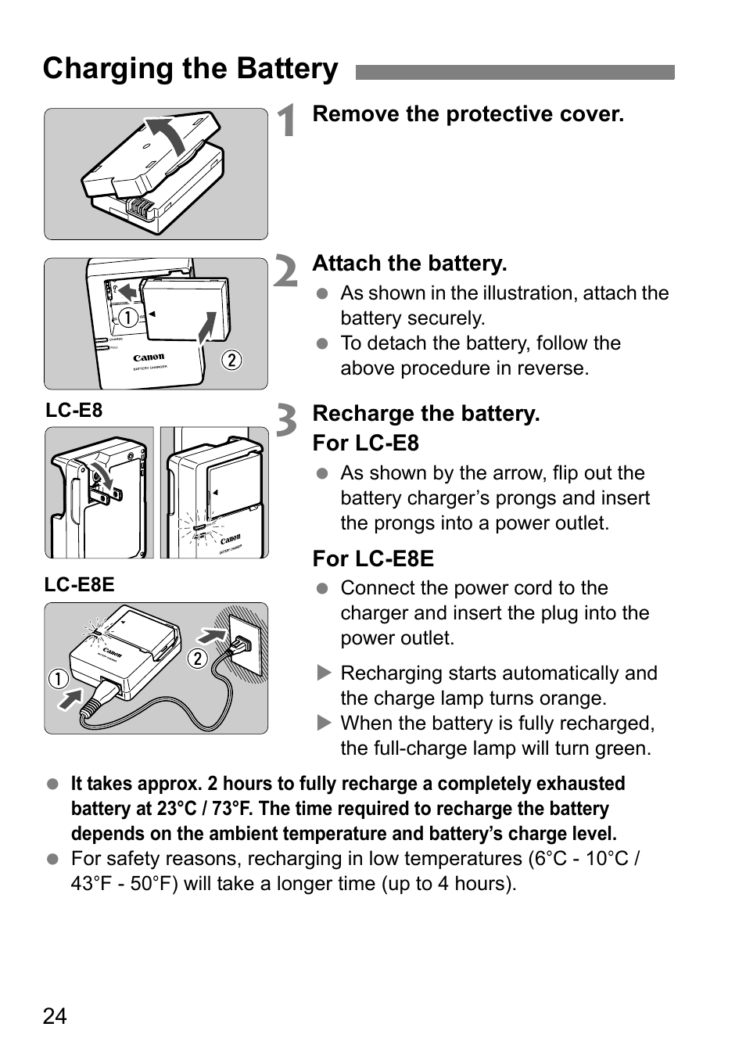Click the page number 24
coord(55,1016)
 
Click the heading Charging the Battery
coord(190,69)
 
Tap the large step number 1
coord(288,121)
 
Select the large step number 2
coord(286,272)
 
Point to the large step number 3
coord(287,421)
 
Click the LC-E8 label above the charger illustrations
coord(74,411)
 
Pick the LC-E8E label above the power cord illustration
coord(79,585)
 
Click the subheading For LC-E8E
coord(372,558)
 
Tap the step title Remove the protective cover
coord(468,114)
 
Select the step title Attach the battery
coord(409,264)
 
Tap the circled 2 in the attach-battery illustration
coord(231,360)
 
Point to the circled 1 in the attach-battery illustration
coord(128,318)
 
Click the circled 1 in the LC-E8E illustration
coord(58,677)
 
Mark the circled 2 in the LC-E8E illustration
coord(197,659)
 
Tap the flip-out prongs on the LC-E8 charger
coord(106,493)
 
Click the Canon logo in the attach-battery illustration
coord(149,357)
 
